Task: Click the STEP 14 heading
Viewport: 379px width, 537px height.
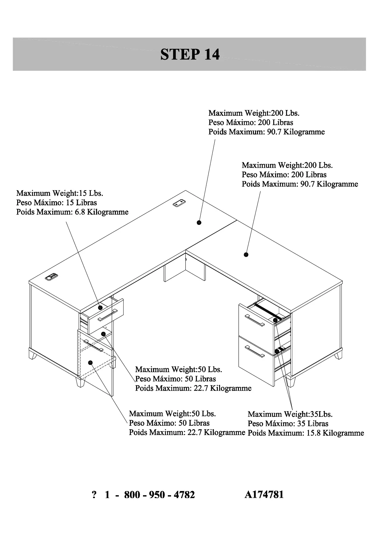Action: [x=190, y=55]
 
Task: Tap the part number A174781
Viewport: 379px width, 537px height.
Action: [x=264, y=495]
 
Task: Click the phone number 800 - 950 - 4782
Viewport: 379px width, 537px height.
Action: [x=159, y=495]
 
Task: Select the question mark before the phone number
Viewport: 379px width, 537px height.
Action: [x=94, y=495]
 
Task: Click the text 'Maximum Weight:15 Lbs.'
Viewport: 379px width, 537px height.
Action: [x=60, y=193]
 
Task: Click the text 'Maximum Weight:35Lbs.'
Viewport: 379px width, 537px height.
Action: [x=290, y=414]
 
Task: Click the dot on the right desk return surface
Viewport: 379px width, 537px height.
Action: [x=246, y=254]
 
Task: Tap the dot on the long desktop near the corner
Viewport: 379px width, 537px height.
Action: [x=199, y=223]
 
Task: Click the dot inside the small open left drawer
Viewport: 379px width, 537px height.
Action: [x=100, y=307]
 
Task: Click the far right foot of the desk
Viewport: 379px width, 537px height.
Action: [x=338, y=354]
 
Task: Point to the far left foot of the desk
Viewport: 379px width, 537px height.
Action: [x=32, y=355]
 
